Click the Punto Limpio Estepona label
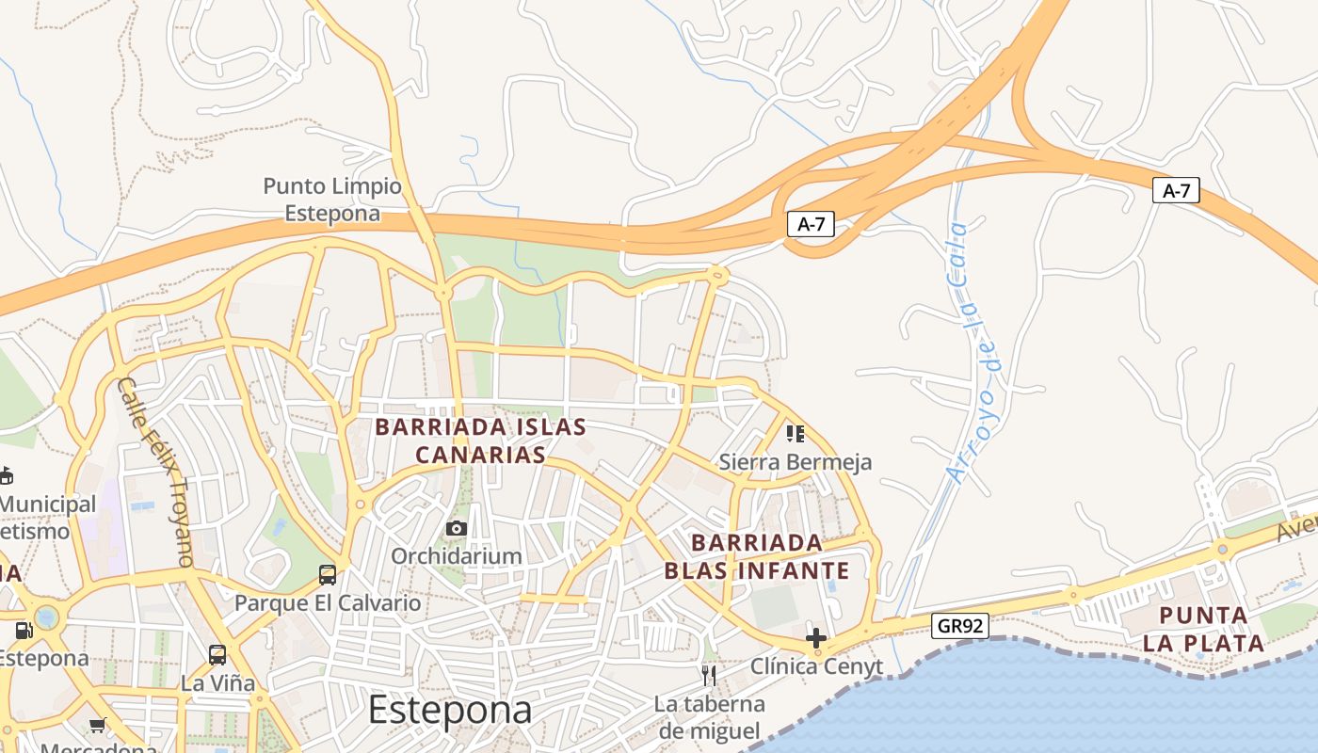click(x=332, y=200)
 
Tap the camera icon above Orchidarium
click(x=457, y=528)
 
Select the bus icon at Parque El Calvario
click(x=328, y=574)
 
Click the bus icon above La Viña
click(x=217, y=654)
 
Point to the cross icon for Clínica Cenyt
click(x=816, y=638)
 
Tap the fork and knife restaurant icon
click(x=709, y=674)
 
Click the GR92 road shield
click(x=960, y=625)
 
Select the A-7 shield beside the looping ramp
click(x=811, y=224)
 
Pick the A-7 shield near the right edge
click(x=1176, y=190)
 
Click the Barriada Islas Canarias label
click(x=480, y=441)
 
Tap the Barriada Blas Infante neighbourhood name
click(x=757, y=556)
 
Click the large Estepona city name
click(x=449, y=709)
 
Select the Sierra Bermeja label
click(x=796, y=462)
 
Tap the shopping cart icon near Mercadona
click(x=98, y=725)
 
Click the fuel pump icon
click(x=24, y=630)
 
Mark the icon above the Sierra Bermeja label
click(x=796, y=433)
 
